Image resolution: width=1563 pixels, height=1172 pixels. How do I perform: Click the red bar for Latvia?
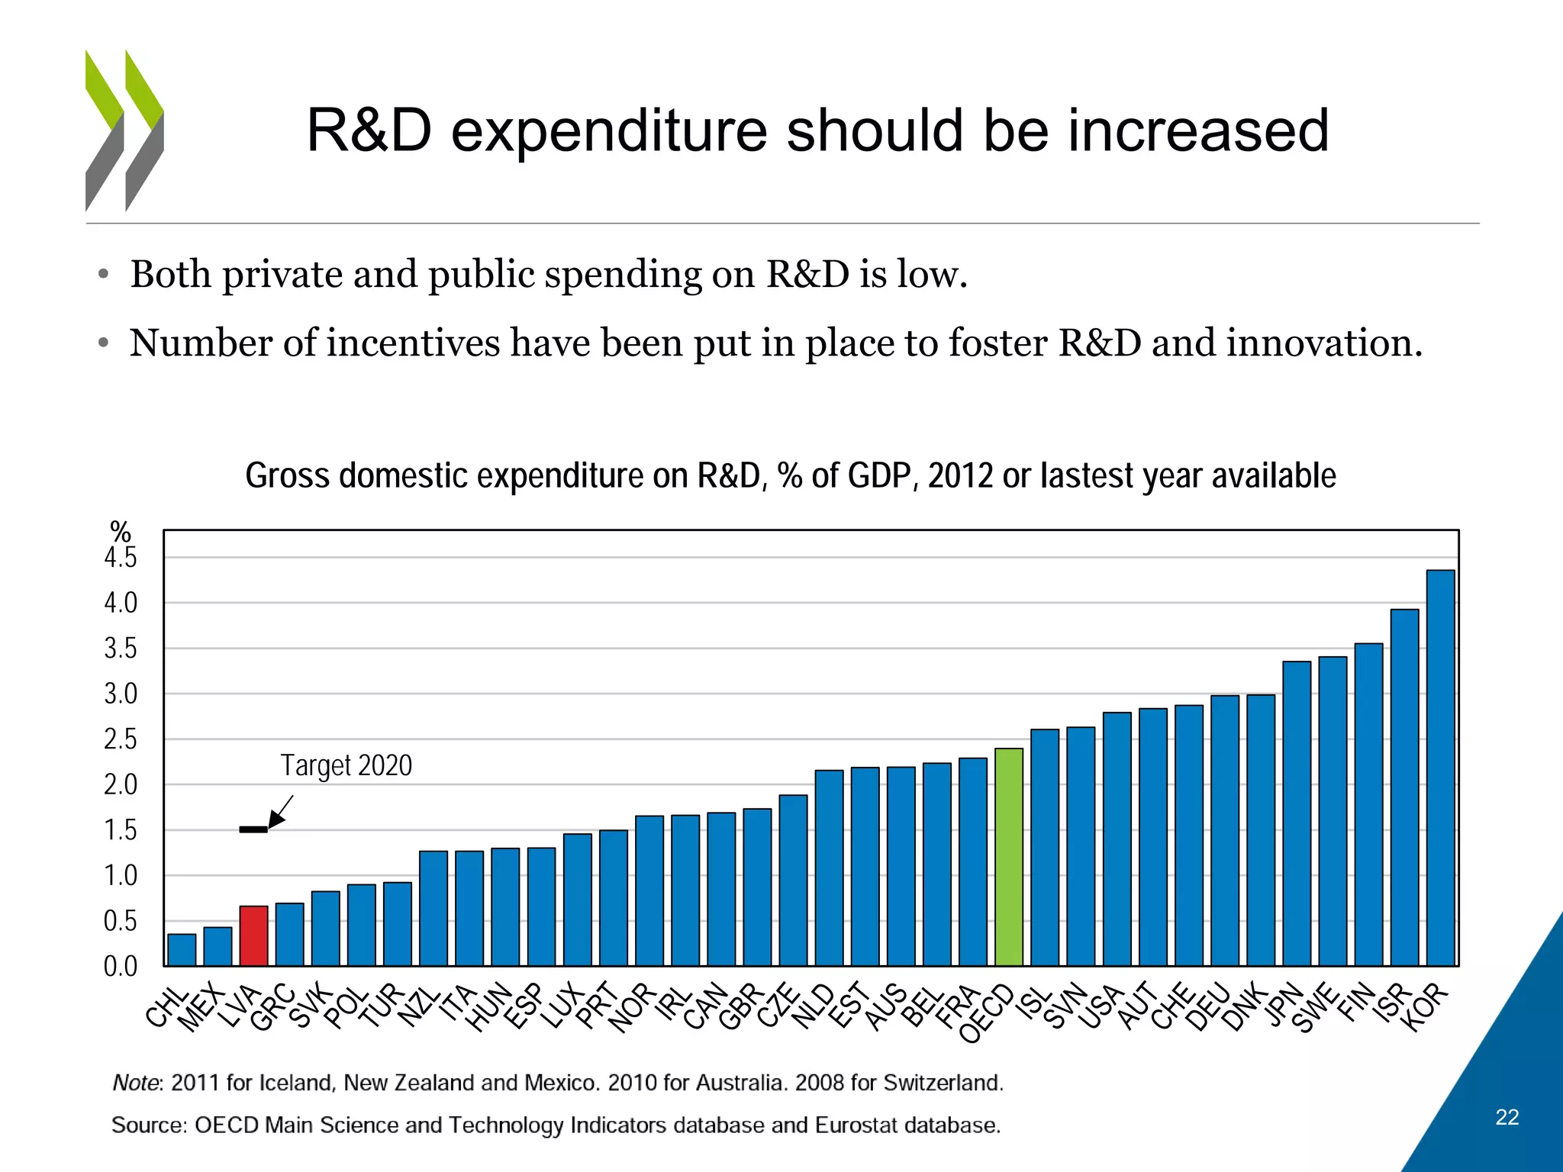pos(253,935)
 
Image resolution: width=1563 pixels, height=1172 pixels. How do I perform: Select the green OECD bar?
pos(1009,857)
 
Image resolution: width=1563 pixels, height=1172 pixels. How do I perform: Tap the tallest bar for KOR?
pos(1440,768)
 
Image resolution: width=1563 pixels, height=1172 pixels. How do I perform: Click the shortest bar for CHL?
pos(182,950)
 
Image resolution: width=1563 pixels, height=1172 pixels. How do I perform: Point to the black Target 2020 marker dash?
pos(253,829)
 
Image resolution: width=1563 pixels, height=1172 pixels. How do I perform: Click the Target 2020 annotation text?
pos(346,765)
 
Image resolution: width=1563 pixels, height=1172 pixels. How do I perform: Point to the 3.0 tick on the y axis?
pos(121,694)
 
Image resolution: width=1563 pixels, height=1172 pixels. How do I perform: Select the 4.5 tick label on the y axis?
pos(121,558)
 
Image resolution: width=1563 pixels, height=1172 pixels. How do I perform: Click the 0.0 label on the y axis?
pos(121,967)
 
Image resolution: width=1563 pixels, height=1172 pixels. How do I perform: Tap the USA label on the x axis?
pos(1104,1006)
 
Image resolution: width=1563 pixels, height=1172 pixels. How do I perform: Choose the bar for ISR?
pos(1404,787)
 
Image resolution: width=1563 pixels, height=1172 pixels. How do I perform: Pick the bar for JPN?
pos(1297,813)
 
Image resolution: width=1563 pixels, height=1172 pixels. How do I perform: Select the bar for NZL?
pos(433,908)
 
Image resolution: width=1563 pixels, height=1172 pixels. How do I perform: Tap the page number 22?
pos(1507,1117)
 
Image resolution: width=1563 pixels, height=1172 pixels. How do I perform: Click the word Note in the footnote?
pos(135,1083)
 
